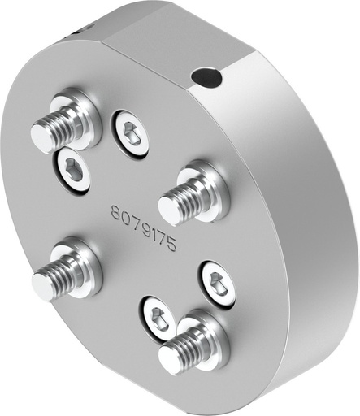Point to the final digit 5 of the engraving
[171, 246]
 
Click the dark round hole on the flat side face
[206, 79]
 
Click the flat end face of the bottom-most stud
[170, 358]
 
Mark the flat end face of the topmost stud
[43, 136]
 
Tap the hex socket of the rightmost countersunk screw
[218, 283]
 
